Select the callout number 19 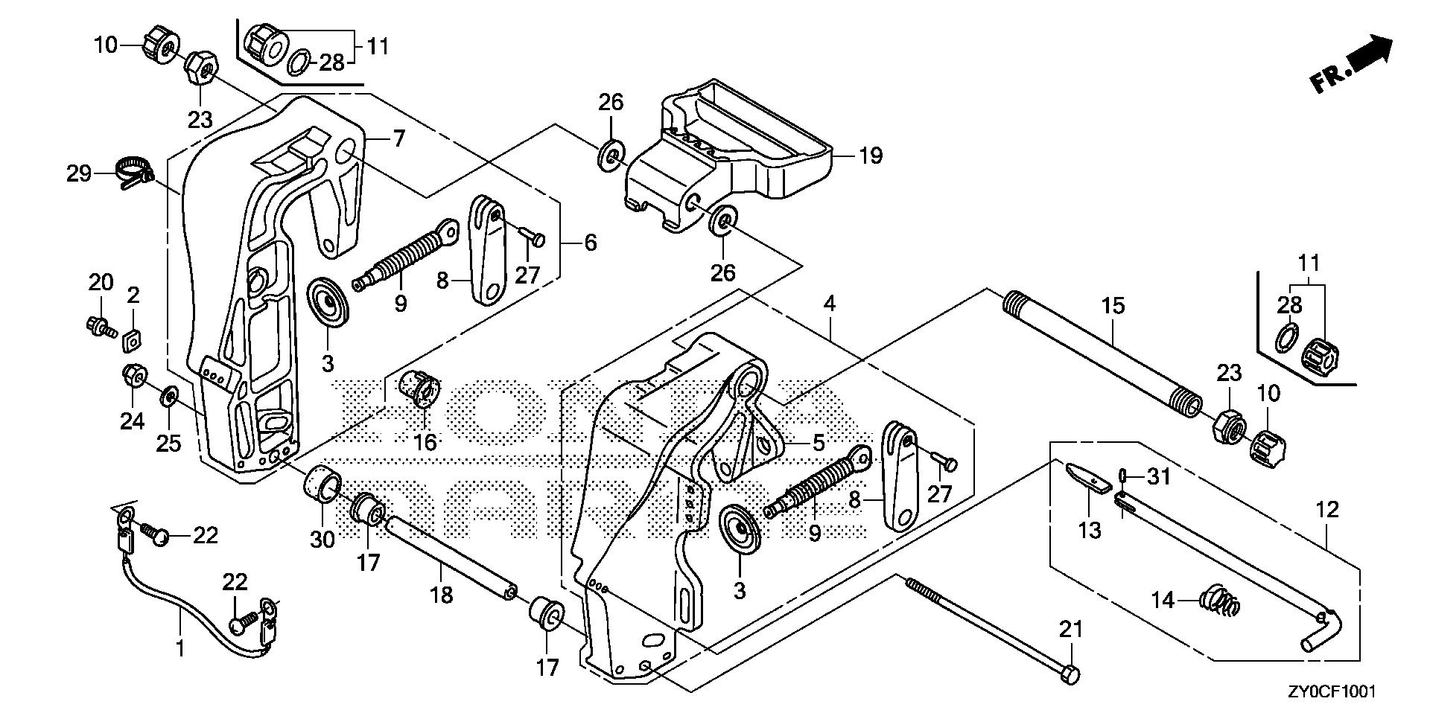coord(870,156)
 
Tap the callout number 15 coord(1113,306)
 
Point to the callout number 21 coord(1070,630)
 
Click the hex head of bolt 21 coord(1070,674)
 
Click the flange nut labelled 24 coord(133,377)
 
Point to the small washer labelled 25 coord(169,393)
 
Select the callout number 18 coord(442,595)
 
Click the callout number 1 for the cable coord(179,649)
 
